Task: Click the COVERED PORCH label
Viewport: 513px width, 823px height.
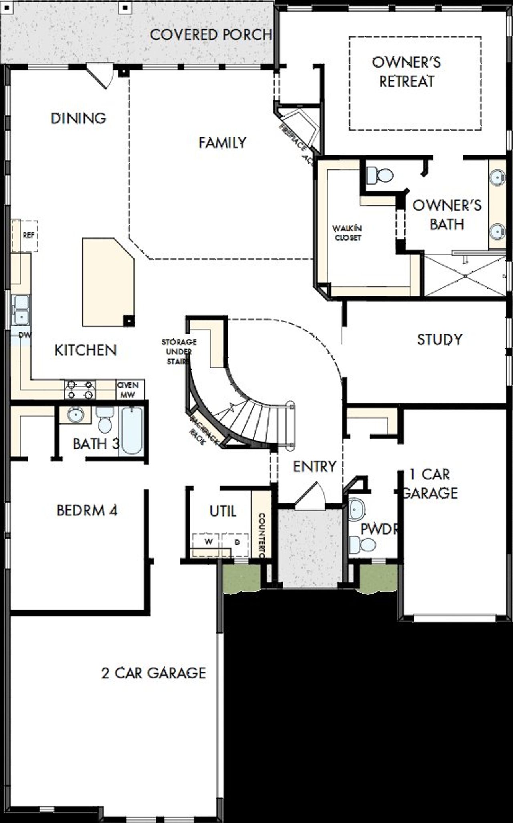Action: [211, 35]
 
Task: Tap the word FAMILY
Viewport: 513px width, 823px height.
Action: [222, 143]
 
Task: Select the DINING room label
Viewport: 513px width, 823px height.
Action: [79, 118]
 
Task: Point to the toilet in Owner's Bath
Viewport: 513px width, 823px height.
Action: [380, 175]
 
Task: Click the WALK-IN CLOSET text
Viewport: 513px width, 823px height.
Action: [347, 233]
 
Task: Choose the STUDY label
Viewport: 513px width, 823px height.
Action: [440, 340]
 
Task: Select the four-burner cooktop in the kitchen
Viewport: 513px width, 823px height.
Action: [80, 390]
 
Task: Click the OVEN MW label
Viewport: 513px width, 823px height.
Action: [128, 390]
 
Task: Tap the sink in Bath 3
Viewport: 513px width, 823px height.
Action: [74, 415]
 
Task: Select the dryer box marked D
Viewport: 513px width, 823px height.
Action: [236, 542]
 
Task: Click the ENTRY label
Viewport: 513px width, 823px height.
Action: [315, 467]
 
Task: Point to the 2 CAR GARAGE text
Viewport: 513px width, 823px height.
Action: [153, 673]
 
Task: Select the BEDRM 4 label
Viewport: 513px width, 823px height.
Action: [87, 511]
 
